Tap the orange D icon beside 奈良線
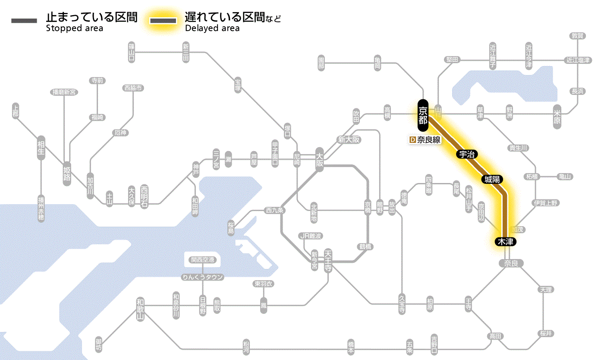pos(412,140)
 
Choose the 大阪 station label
pos(320,159)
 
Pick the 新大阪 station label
pos(349,140)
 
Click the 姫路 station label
pos(67,173)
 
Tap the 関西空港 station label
pos(202,259)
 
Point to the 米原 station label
pos(557,117)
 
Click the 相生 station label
pos(41,148)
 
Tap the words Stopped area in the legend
pos(74,28)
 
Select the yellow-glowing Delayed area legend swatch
pos(163,21)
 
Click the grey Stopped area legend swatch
pos(24,21)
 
